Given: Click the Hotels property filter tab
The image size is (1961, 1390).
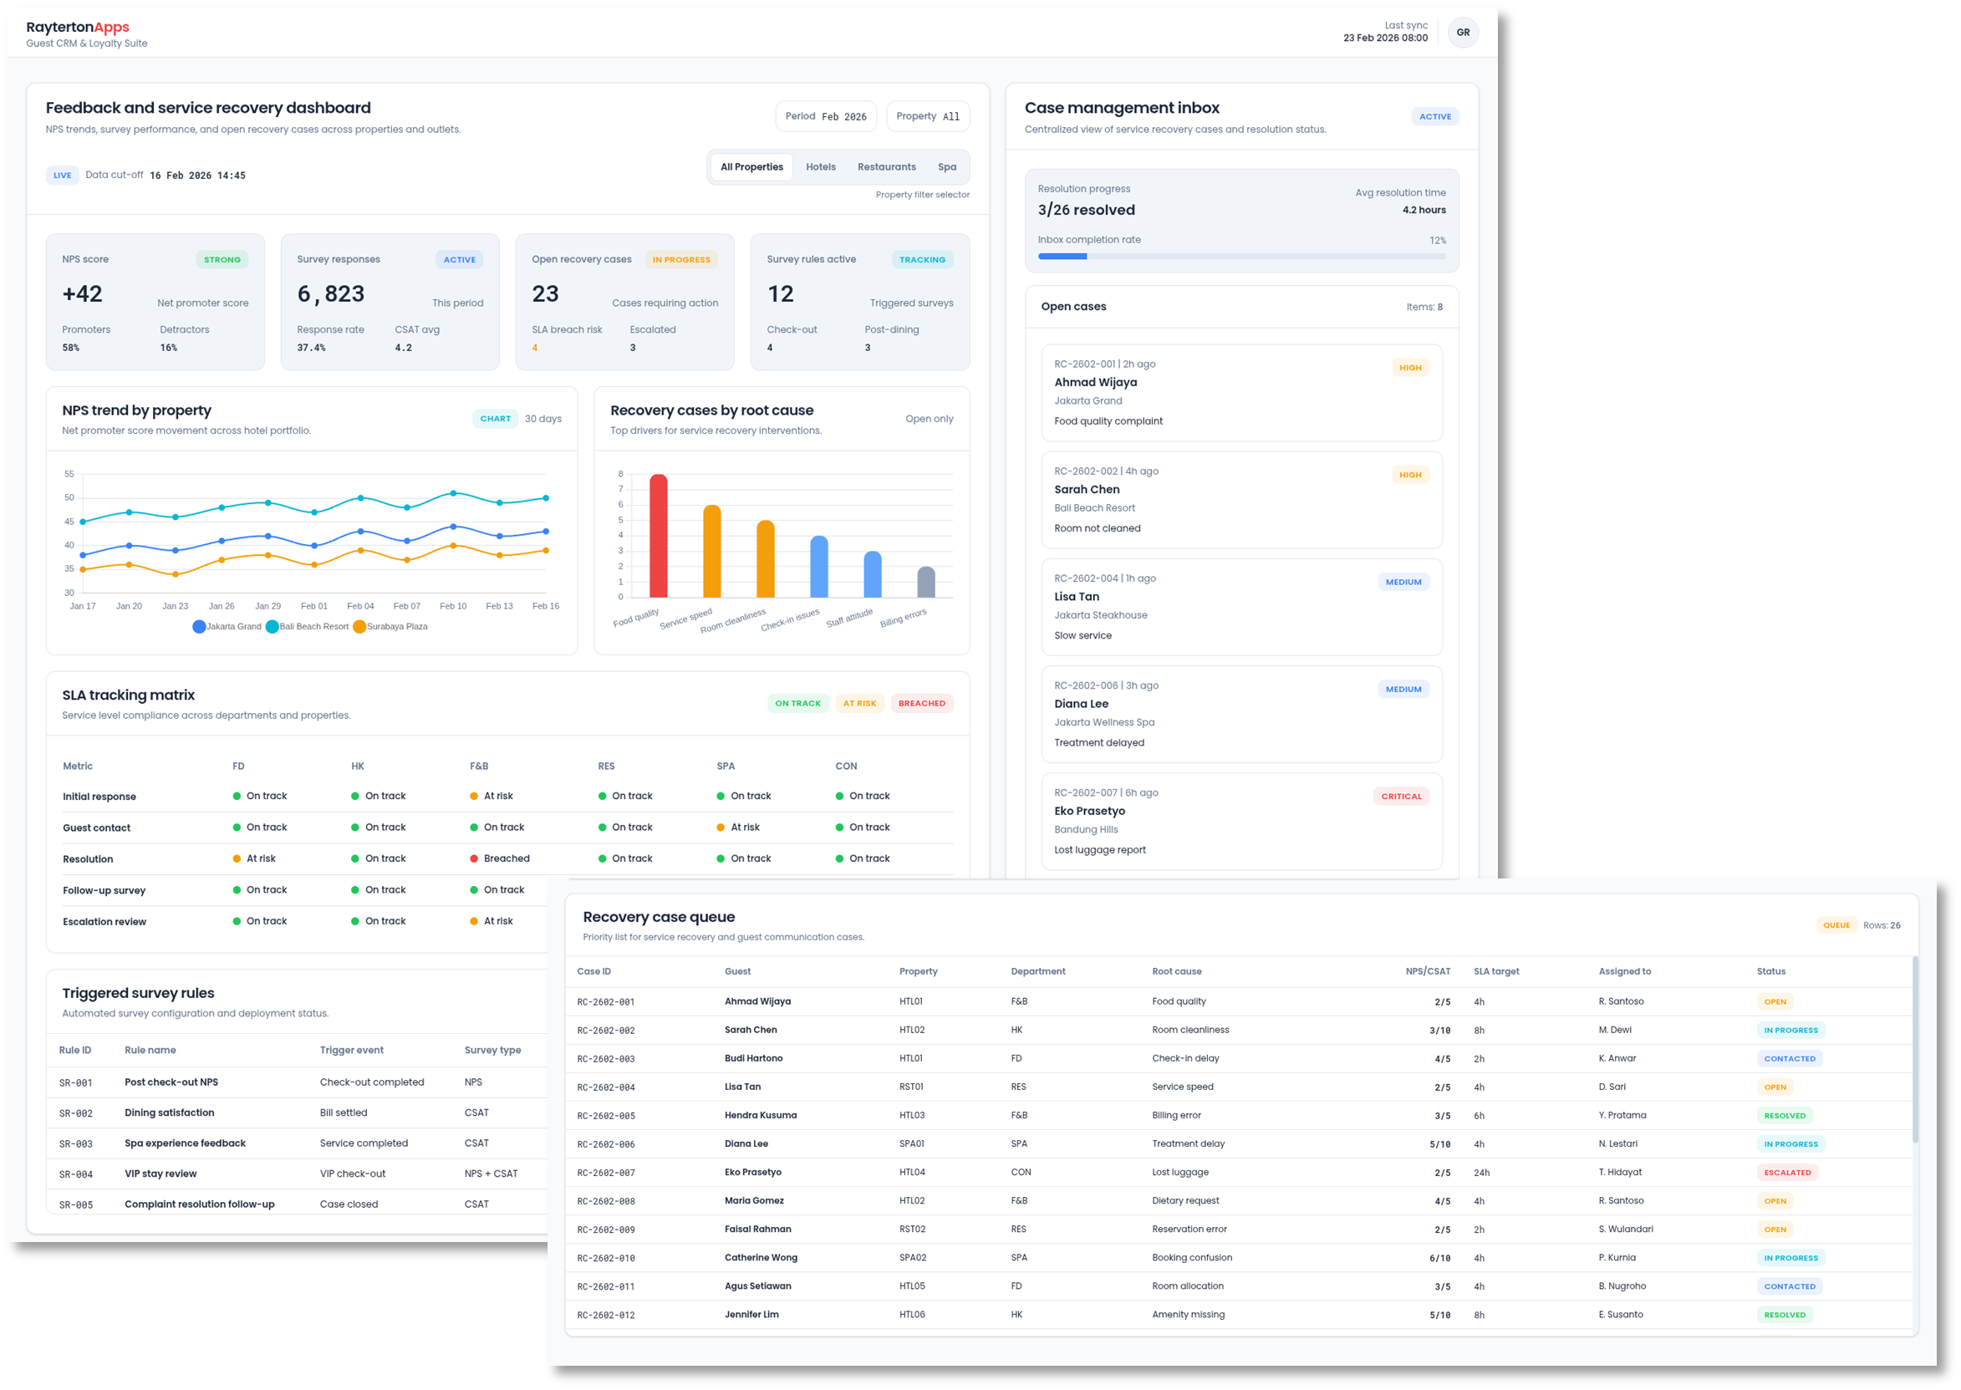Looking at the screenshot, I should tap(820, 167).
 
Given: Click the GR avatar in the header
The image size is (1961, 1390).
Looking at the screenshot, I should tap(1463, 33).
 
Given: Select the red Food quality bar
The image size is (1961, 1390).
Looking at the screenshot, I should tap(658, 536).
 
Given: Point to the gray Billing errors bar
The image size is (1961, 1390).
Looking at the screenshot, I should tap(926, 582).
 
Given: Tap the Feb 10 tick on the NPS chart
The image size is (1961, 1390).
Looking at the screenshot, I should tap(453, 606).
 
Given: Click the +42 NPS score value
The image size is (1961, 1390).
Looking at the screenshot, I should tap(82, 294).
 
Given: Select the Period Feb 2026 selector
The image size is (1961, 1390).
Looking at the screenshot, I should tap(825, 116).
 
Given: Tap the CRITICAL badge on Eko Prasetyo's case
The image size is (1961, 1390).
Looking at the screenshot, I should tap(1400, 796).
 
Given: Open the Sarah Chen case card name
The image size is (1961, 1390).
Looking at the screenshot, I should tap(1086, 490).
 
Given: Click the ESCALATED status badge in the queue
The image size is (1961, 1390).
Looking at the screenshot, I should tap(1787, 1173).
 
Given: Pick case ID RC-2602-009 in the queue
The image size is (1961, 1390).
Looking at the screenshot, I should tap(606, 1230).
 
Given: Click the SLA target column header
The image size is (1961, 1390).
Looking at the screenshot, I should tap(1496, 971).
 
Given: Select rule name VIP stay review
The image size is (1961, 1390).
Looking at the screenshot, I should tap(161, 1174).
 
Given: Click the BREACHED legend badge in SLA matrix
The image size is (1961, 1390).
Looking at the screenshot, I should tap(921, 704).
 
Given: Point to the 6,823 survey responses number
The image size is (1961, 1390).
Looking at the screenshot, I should tap(330, 294).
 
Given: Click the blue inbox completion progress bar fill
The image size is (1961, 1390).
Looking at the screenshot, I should tap(1062, 256).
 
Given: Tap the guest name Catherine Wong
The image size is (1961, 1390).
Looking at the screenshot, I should tap(761, 1257).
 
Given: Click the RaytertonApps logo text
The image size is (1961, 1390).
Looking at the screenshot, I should tap(77, 28).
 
